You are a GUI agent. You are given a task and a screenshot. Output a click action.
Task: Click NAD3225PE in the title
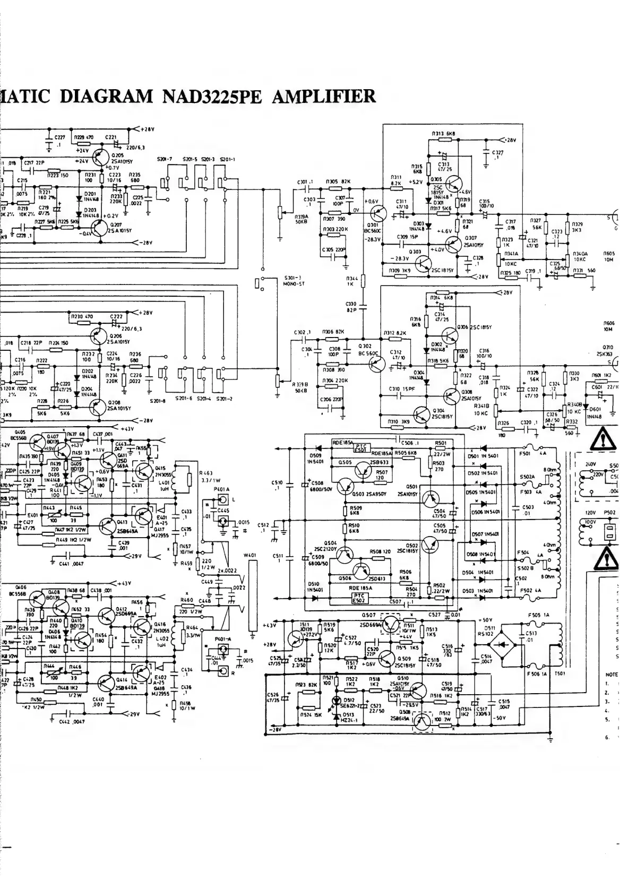point(212,97)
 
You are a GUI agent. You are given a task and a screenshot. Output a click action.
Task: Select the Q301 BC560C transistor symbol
point(378,214)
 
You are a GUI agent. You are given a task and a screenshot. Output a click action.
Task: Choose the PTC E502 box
point(361,599)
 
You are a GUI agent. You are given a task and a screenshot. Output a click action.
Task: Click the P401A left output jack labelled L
point(223,500)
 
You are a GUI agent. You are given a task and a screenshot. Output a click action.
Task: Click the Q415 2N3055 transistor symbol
point(143,471)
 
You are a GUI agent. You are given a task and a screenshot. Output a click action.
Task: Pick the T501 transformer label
point(559,673)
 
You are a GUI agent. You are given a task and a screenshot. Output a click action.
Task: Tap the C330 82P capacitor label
point(350,306)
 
